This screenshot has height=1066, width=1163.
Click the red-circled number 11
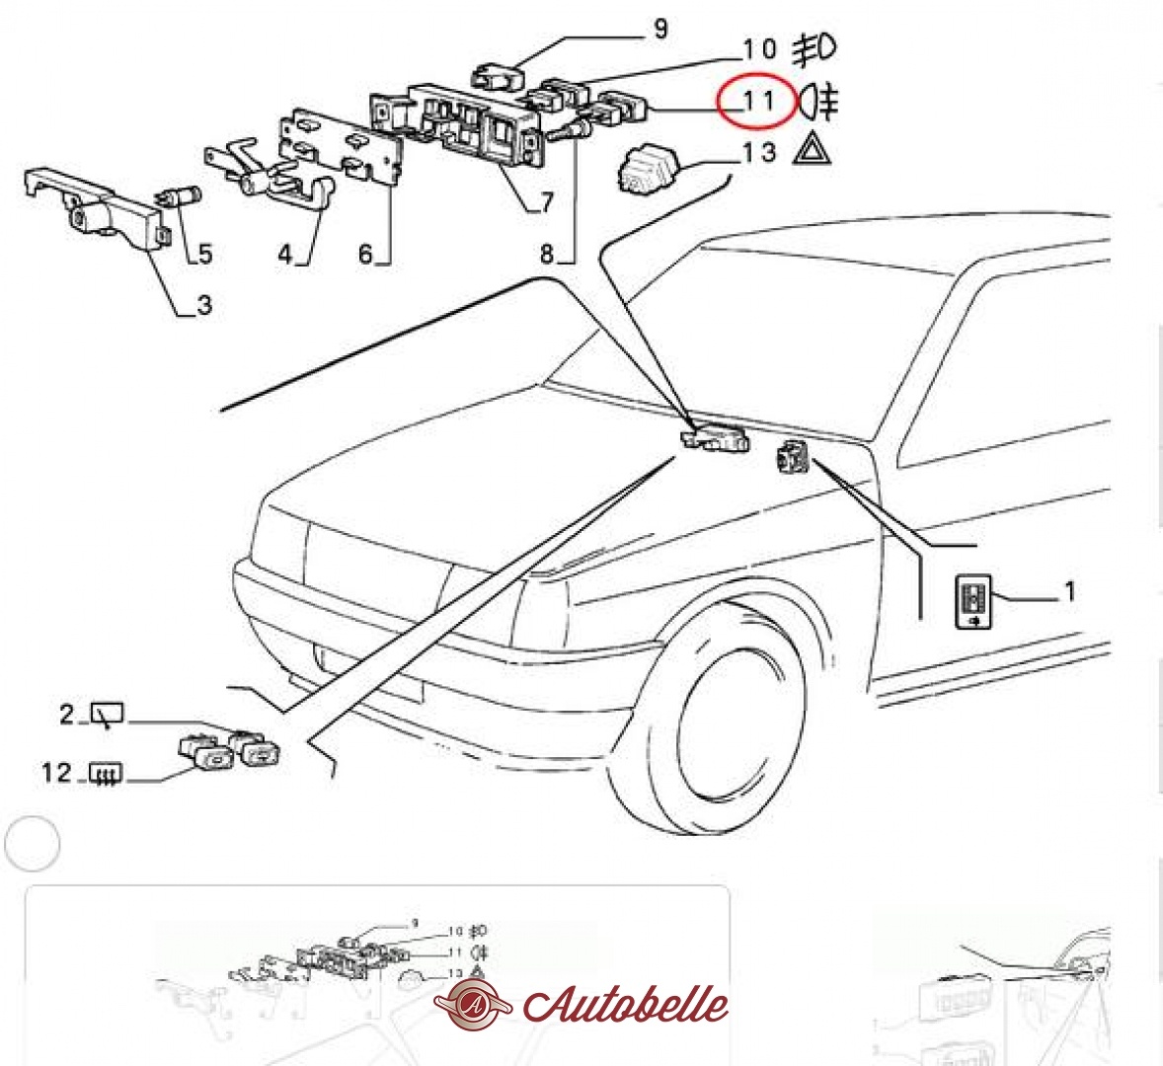tap(759, 100)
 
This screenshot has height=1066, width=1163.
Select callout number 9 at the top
tap(660, 29)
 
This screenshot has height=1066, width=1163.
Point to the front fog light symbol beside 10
tap(814, 49)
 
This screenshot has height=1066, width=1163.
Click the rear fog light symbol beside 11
tap(818, 102)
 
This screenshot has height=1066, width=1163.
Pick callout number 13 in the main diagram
tap(759, 152)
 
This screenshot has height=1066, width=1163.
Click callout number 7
tap(547, 201)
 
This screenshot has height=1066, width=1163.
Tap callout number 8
tap(547, 254)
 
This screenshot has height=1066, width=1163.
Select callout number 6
tap(365, 254)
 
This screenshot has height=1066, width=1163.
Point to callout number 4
tap(285, 254)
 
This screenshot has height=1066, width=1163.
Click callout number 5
tap(205, 254)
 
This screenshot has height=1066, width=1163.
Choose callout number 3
tap(204, 305)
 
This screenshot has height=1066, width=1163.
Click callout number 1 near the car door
tap(1069, 591)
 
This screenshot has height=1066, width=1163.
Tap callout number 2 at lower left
tap(67, 714)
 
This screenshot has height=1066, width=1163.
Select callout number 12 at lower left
tap(56, 773)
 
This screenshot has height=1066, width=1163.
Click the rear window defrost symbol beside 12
tap(106, 774)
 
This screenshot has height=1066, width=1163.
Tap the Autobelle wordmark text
tap(626, 1005)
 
